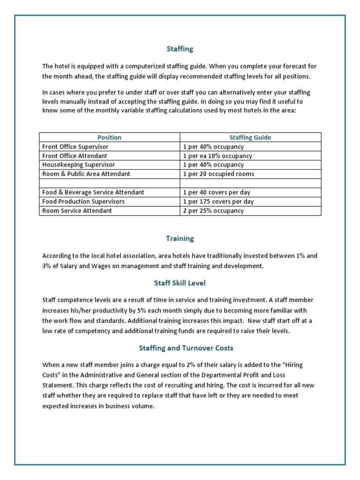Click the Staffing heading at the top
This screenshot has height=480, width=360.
(x=180, y=49)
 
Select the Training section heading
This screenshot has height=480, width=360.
(x=180, y=238)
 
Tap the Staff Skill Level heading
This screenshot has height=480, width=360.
(x=180, y=283)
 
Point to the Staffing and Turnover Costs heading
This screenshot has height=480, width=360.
(x=180, y=348)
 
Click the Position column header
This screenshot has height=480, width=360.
(x=109, y=137)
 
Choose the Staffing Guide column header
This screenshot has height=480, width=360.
(x=250, y=137)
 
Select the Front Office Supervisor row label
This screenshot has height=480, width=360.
(x=75, y=147)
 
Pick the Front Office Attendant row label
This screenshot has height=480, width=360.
(x=75, y=156)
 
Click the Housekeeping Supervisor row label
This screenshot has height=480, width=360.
(x=78, y=165)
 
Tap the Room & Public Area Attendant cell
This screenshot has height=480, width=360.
(x=86, y=174)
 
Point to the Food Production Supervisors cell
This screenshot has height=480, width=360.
(x=83, y=202)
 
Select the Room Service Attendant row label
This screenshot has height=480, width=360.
(x=77, y=211)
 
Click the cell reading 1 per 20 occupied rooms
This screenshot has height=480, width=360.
(x=219, y=174)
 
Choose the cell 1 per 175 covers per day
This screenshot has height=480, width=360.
(x=218, y=202)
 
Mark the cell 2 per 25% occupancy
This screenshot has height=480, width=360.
(x=214, y=211)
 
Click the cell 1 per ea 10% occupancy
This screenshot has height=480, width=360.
(x=217, y=156)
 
